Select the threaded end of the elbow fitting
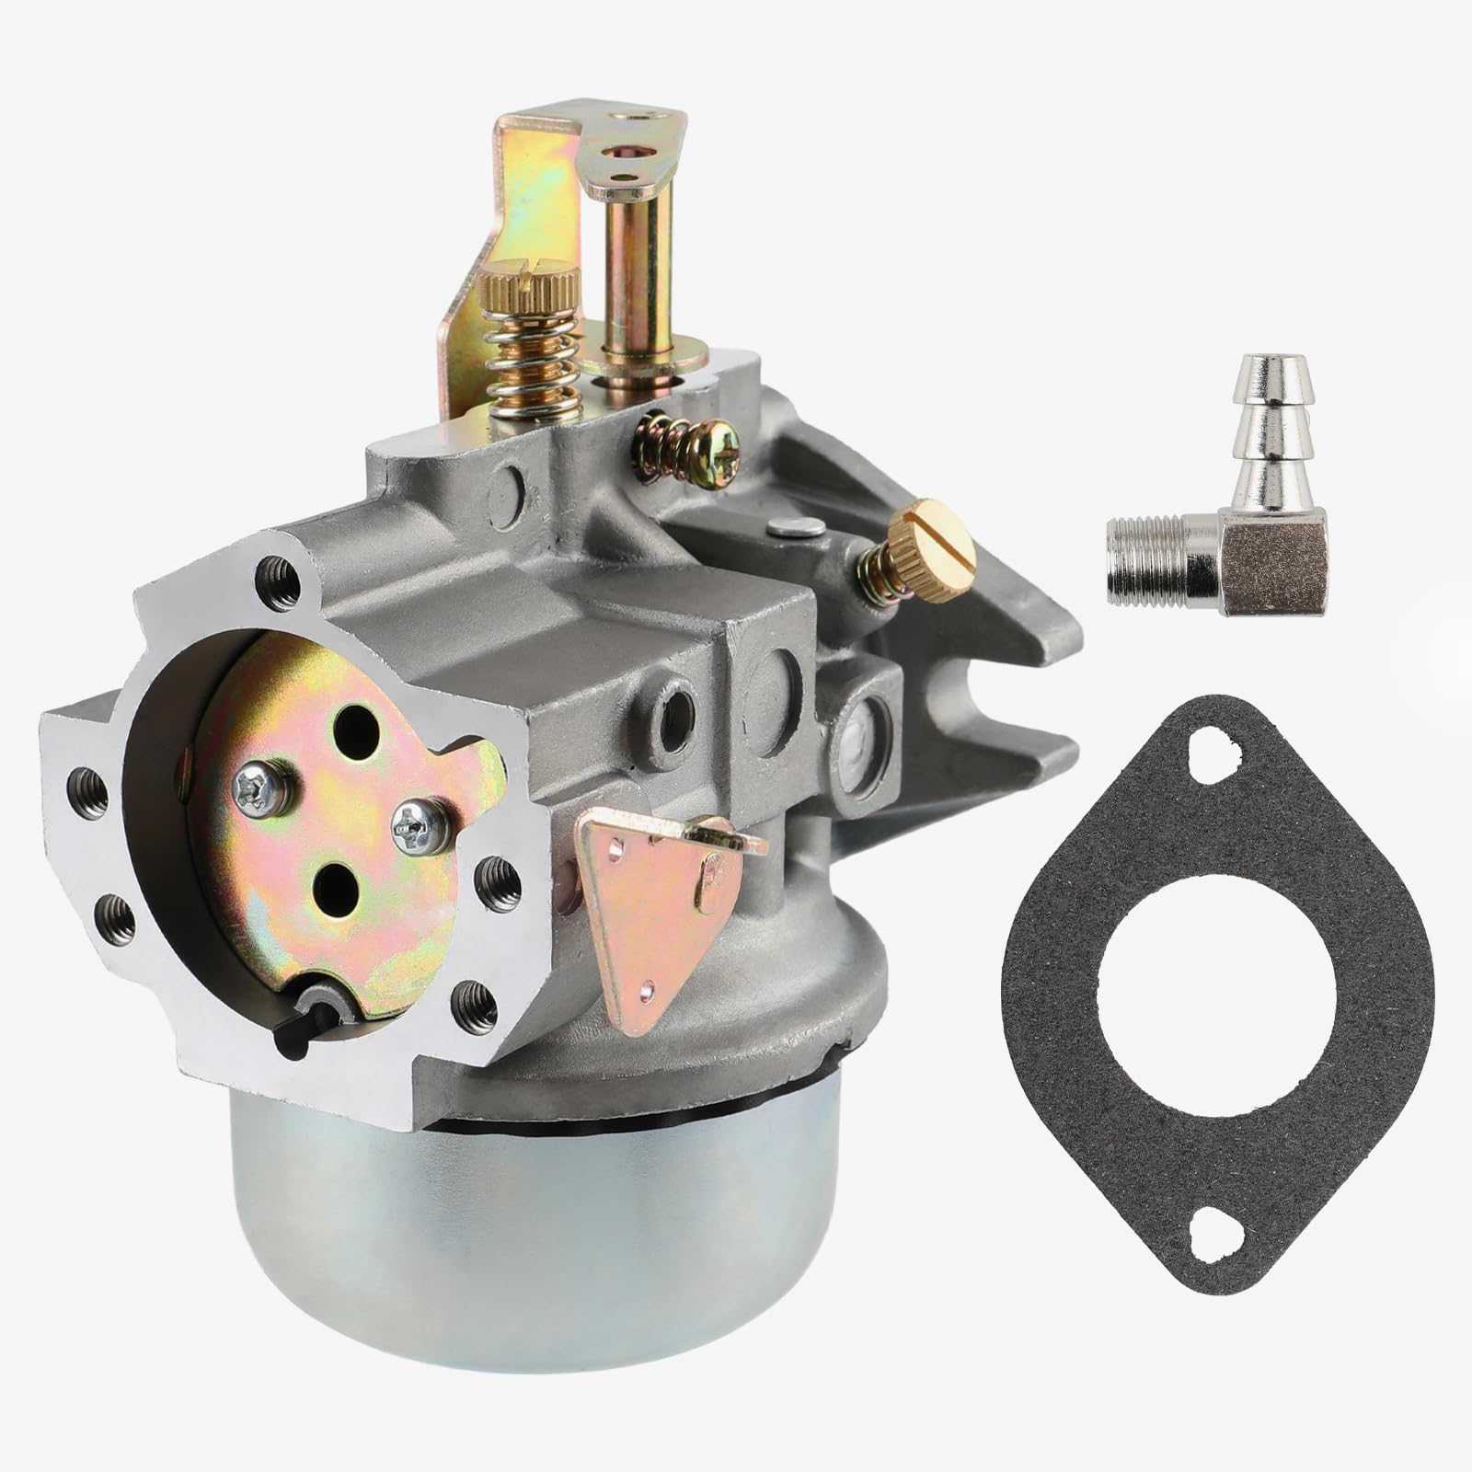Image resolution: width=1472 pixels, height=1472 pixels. (1141, 550)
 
